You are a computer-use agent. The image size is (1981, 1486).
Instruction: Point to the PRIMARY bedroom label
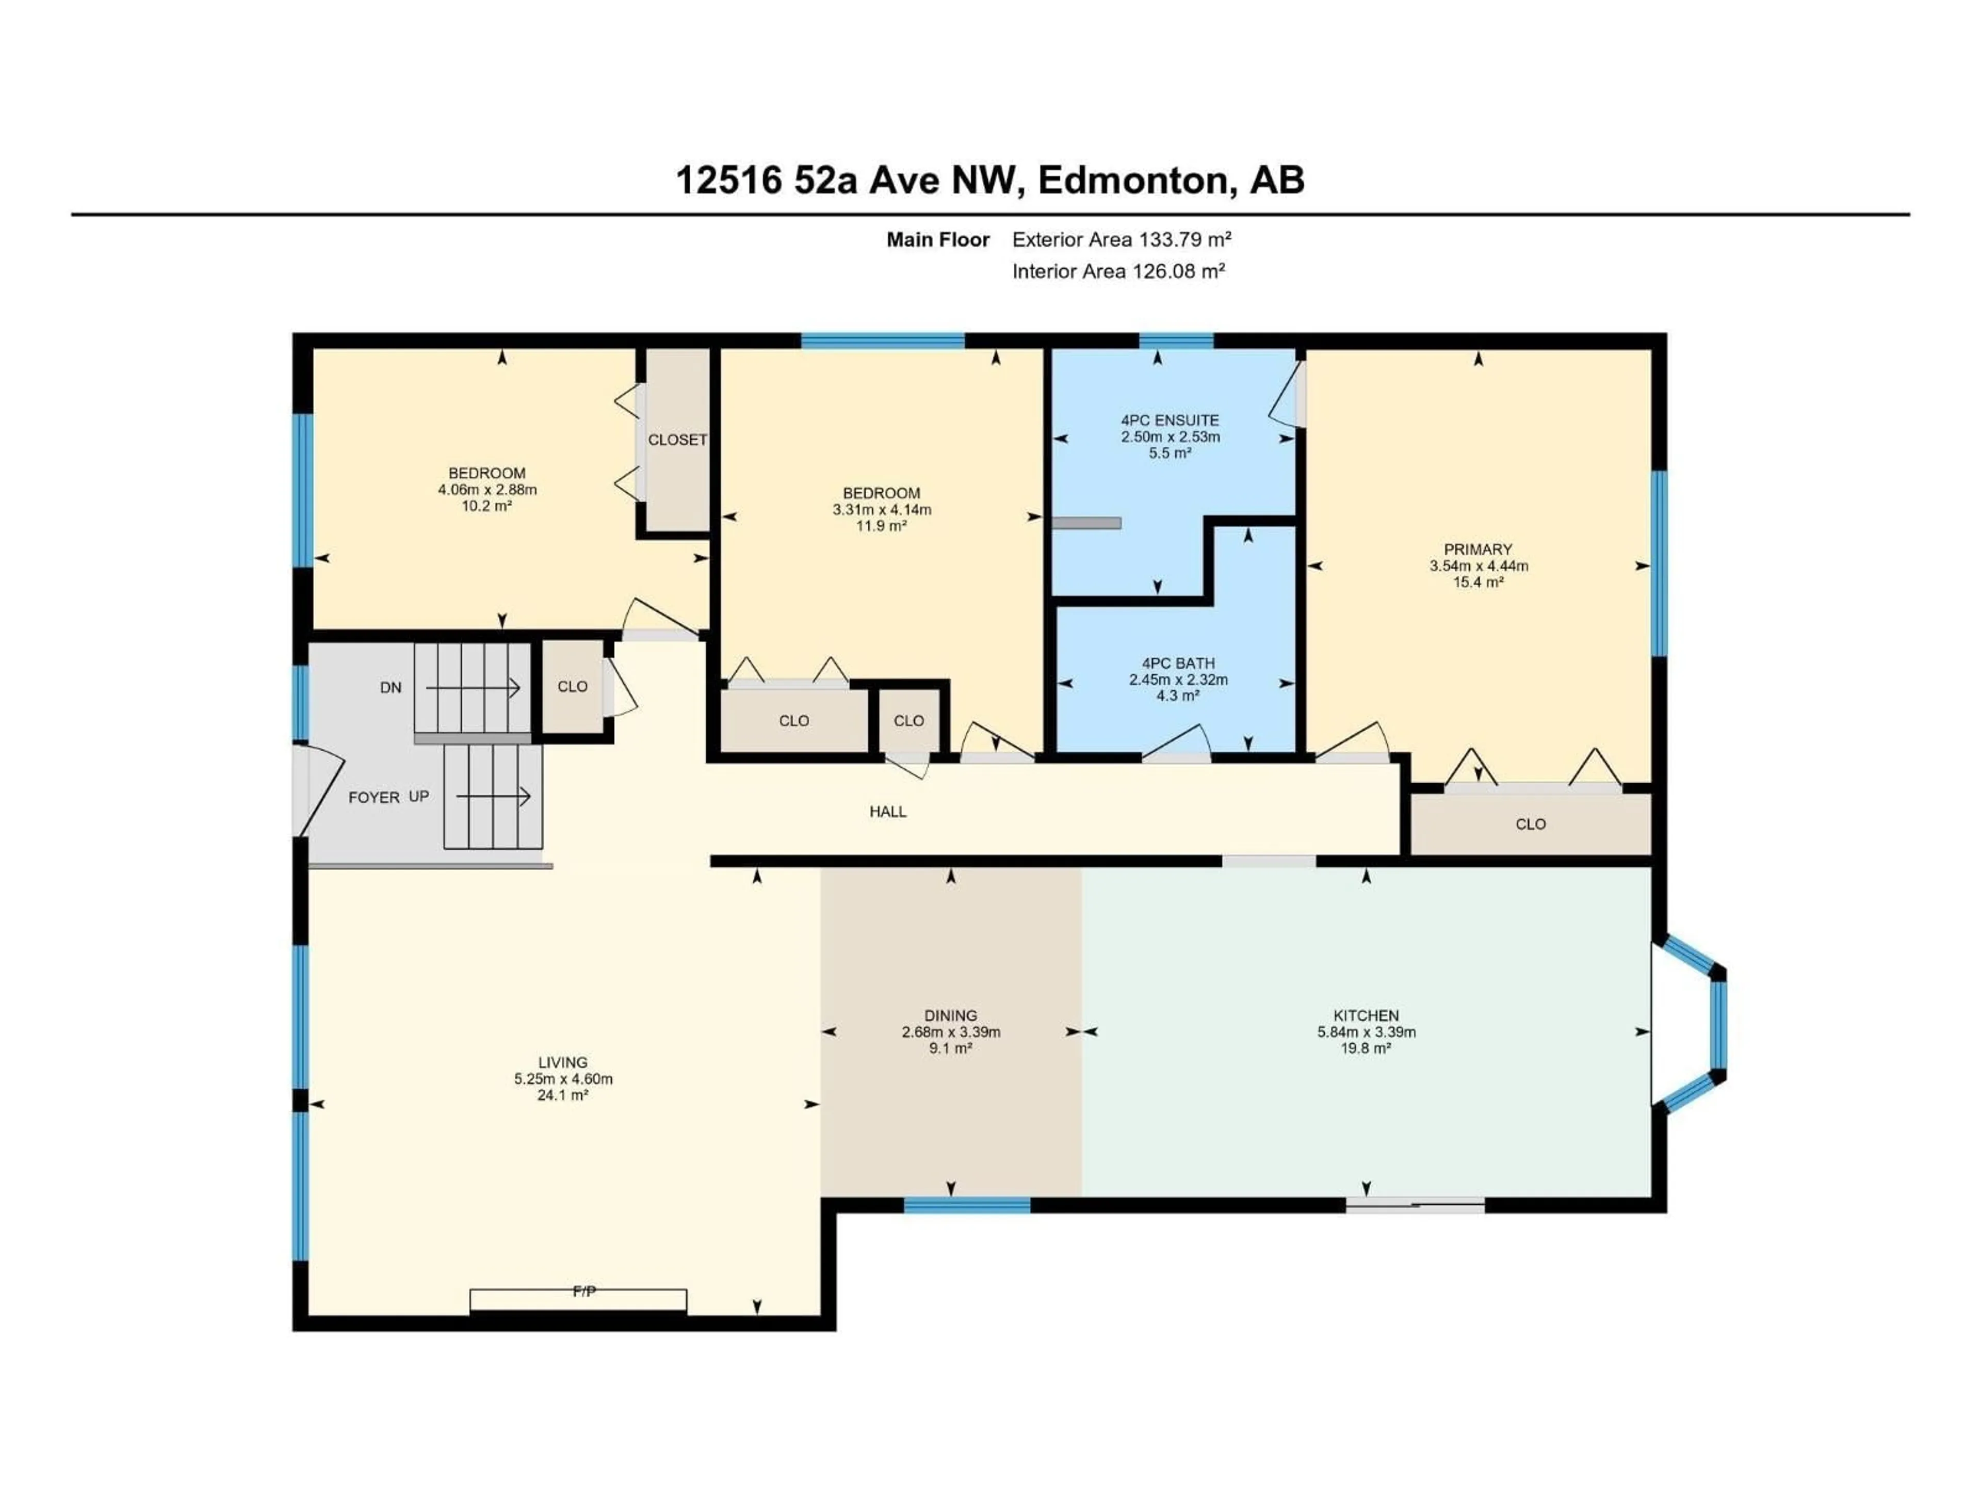click(x=1477, y=549)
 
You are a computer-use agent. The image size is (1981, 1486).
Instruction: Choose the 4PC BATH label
click(x=1178, y=664)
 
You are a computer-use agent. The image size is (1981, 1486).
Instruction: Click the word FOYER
click(x=374, y=797)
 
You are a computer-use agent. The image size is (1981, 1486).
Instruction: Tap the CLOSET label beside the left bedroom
click(x=677, y=440)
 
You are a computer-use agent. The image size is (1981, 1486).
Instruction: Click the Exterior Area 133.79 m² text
click(x=1121, y=240)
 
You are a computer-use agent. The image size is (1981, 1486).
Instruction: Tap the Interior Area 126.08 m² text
click(x=1118, y=271)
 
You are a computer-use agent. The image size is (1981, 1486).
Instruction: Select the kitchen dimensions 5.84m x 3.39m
click(x=1366, y=1032)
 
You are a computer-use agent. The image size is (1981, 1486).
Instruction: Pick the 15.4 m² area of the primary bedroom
click(x=1477, y=582)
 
